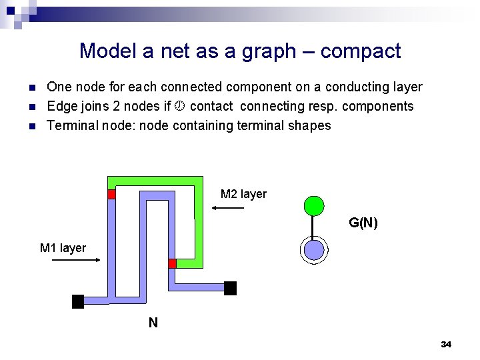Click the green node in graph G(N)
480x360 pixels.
click(x=313, y=206)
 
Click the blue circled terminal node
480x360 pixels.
click(x=313, y=250)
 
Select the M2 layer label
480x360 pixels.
click(x=243, y=194)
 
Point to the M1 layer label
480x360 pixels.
click(x=63, y=248)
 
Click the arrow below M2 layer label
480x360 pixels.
click(x=229, y=209)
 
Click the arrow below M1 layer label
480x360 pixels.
click(x=76, y=261)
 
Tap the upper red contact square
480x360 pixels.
click(x=112, y=194)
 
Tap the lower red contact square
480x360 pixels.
click(x=172, y=263)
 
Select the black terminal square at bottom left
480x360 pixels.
click(x=78, y=301)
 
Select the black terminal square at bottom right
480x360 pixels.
click(x=230, y=288)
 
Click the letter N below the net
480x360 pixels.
click(x=153, y=323)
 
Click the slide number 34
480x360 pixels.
click(x=446, y=344)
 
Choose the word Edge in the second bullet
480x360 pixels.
click(x=62, y=106)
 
